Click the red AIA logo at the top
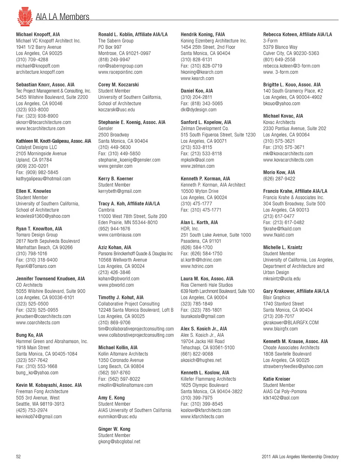pyautogui.click(x=25, y=16)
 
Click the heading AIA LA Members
pyautogui.click(x=62, y=17)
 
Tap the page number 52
pyautogui.click(x=18, y=457)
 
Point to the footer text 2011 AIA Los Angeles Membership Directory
pyautogui.click(x=300, y=457)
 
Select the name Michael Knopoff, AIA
pyautogui.click(x=38, y=34)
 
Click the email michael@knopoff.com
pyautogui.click(x=37, y=66)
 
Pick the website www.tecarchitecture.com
pyautogui.click(x=40, y=129)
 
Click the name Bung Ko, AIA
pyautogui.click(x=29, y=335)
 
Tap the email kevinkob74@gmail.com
pyautogui.click(x=39, y=416)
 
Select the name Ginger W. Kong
pyautogui.click(x=114, y=429)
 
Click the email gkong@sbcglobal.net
pyautogui.click(x=119, y=442)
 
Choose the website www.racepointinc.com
pyautogui.click(x=120, y=72)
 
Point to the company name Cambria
pyautogui.click(x=106, y=210)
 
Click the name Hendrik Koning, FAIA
pyautogui.click(x=203, y=34)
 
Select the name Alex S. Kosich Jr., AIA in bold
pyautogui.click(x=204, y=329)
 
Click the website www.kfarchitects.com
pyautogui.click(x=202, y=416)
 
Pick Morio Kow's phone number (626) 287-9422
pyautogui.click(x=279, y=179)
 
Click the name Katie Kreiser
pyautogui.click(x=277, y=379)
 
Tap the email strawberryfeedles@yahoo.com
pyautogui.click(x=293, y=367)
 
